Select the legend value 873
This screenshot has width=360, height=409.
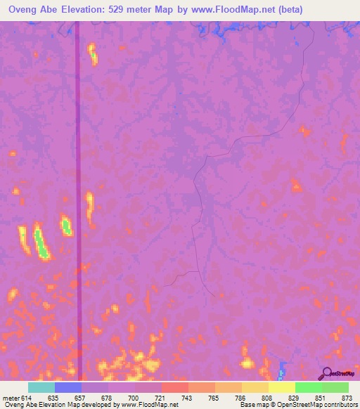point(347,397)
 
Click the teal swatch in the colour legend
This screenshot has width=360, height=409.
point(41,387)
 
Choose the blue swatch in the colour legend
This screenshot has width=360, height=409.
point(68,387)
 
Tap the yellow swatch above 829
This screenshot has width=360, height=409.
point(282,387)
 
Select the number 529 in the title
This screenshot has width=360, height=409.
point(135,10)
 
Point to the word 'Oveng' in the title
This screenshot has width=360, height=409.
point(25,10)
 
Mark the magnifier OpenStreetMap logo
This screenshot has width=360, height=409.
point(328,374)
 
